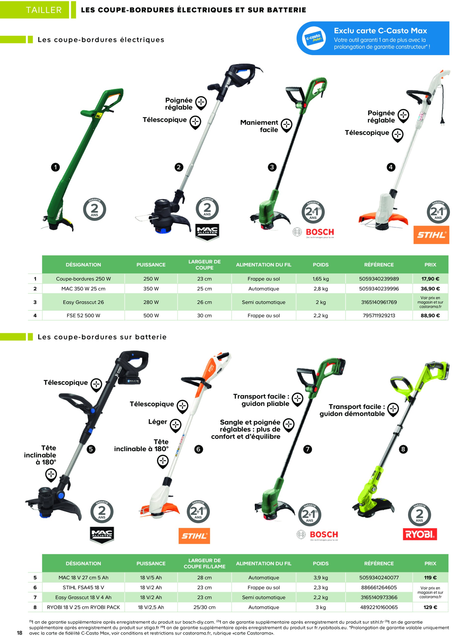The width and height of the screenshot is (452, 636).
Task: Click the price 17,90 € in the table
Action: pos(430,278)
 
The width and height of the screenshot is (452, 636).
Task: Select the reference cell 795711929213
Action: pos(378,316)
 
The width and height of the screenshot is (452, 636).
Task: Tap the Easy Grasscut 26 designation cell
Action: pos(83,302)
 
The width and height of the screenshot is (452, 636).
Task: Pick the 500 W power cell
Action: pos(151,316)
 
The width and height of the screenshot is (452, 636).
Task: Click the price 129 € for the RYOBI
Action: pos(430,607)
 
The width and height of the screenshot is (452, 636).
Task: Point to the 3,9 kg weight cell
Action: pos(321,578)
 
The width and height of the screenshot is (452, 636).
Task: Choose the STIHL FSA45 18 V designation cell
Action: pos(83,588)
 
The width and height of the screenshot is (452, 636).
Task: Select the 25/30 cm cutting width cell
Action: pos(204,607)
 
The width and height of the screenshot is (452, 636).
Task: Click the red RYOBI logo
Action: pos(420,534)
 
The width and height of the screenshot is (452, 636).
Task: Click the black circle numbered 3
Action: pos(272,167)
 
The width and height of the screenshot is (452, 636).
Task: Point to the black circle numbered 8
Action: pos(403,449)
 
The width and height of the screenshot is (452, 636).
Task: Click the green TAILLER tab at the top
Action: pos(44,10)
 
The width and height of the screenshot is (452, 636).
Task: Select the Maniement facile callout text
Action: pos(259,126)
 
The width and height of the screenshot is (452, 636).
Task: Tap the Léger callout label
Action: pos(158,422)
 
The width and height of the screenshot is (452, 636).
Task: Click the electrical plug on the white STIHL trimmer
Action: pos(442,120)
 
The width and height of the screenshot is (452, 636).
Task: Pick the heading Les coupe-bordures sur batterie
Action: pos(102,337)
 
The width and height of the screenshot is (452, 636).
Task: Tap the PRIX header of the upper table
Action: pos(430,265)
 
